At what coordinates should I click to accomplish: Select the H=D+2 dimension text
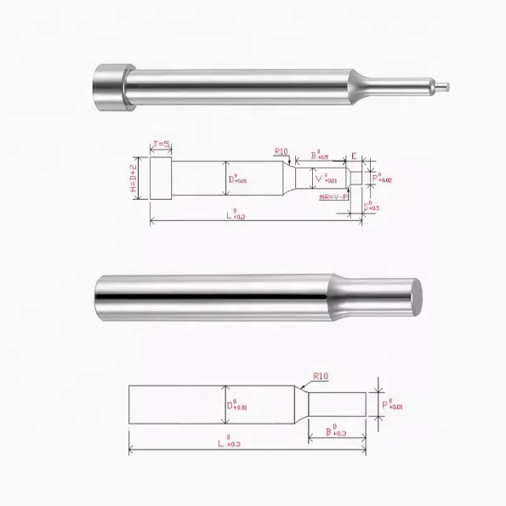point(134,179)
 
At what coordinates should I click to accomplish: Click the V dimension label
point(325,179)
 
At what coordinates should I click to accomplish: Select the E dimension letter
point(354,156)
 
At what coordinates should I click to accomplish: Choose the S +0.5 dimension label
point(369,205)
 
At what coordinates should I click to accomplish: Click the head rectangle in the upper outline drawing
point(161,179)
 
